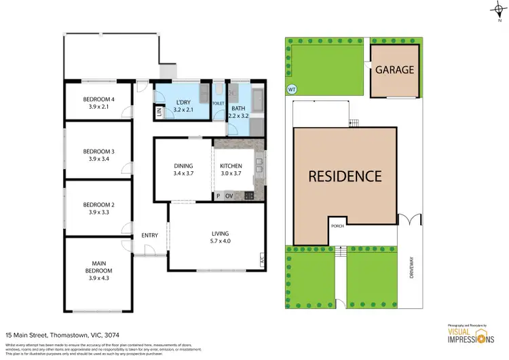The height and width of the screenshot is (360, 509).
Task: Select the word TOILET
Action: [x=218, y=104]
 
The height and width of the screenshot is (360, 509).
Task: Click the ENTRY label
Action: [x=149, y=236]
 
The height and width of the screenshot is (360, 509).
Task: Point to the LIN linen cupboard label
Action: [x=159, y=114]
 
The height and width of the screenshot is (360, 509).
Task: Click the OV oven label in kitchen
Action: [x=229, y=196]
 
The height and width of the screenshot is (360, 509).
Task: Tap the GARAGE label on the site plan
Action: [x=394, y=70]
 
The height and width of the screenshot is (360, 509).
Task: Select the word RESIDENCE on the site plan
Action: [x=345, y=176]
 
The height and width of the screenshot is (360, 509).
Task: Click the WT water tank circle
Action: [x=292, y=89]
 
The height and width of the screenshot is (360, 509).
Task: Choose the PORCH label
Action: [x=337, y=226]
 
